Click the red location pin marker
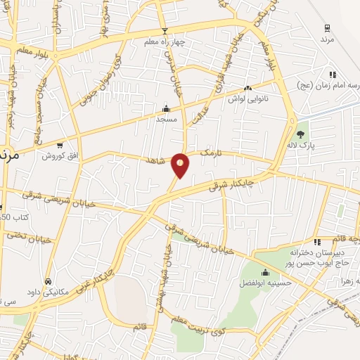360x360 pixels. click(x=181, y=165)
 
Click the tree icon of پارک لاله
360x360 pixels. click(x=302, y=133)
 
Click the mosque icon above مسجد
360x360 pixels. click(x=166, y=108)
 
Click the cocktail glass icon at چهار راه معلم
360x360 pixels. click(x=165, y=31)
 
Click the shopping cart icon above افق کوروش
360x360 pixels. click(x=60, y=144)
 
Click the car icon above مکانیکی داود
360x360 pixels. click(x=47, y=281)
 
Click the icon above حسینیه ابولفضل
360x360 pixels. click(x=265, y=273)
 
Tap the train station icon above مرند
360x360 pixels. click(x=326, y=28)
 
